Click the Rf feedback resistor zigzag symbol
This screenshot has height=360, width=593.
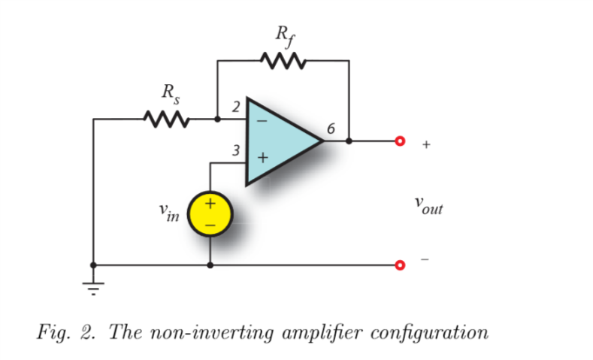click(283, 60)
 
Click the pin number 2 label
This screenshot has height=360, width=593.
click(236, 107)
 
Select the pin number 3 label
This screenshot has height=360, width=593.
click(236, 151)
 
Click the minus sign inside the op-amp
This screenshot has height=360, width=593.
click(261, 119)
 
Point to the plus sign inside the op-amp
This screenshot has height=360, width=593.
click(262, 159)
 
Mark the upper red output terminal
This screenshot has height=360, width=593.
click(400, 141)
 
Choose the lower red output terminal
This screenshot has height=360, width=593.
click(400, 265)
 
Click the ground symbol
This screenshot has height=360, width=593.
click(93, 286)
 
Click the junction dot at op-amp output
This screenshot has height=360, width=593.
click(349, 141)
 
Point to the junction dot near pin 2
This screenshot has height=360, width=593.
click(217, 119)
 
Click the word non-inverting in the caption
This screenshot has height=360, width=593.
click(199, 333)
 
